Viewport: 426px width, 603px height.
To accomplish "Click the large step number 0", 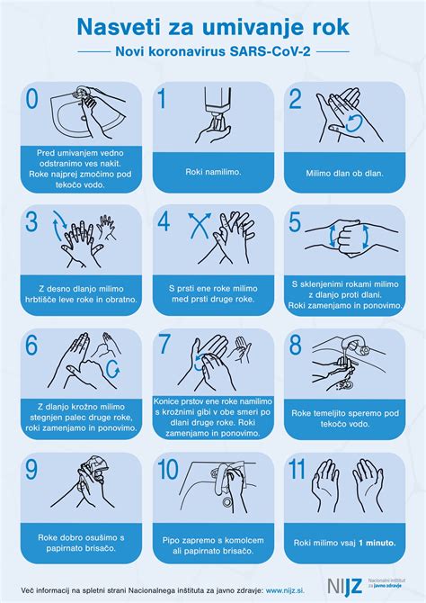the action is [32, 98].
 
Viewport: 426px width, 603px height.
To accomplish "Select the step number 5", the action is [296, 222].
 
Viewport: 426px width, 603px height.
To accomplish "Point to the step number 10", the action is [168, 469].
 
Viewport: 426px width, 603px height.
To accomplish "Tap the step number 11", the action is [297, 469].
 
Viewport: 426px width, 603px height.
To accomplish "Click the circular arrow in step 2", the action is [354, 123].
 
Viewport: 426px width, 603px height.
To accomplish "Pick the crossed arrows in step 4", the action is [200, 225].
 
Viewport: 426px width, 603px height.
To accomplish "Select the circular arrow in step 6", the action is [113, 369].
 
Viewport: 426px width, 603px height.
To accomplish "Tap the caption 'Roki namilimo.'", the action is [213, 172].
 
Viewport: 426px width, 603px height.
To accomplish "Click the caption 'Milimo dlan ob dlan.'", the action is [344, 173].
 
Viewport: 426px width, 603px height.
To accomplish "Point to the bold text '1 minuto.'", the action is [377, 543].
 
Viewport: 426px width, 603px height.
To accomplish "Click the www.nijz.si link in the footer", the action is [285, 590].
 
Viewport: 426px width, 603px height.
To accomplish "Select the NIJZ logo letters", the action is [345, 586].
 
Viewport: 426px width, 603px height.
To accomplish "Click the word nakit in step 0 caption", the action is [111, 164].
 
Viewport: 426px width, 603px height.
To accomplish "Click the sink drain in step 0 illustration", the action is [84, 118].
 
